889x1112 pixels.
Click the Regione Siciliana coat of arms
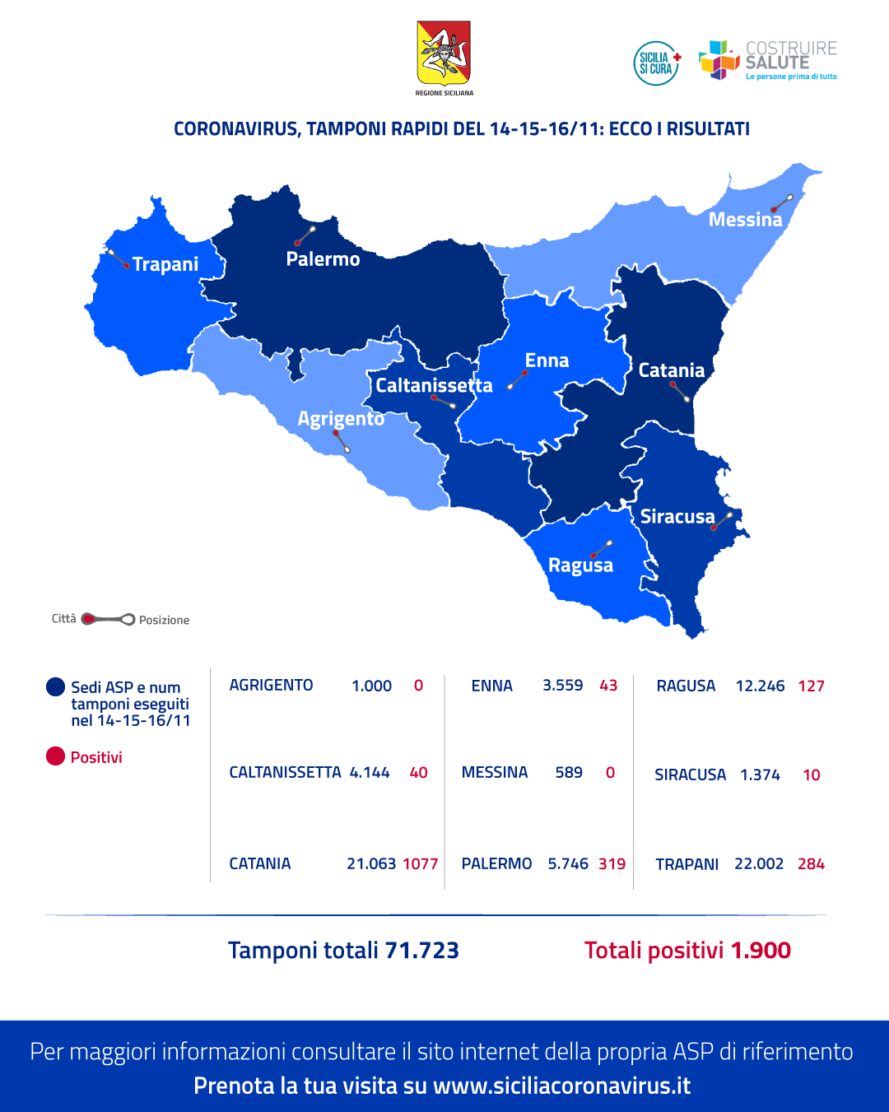(444, 54)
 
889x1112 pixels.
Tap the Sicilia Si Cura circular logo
(656, 63)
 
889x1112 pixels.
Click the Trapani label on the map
(165, 264)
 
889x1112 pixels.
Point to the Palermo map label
(323, 259)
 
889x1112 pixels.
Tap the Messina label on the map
(745, 220)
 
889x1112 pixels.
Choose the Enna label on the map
(547, 361)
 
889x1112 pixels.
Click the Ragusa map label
(580, 565)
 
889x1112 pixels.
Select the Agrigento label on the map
(341, 419)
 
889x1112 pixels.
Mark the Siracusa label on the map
(677, 517)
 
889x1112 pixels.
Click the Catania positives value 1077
(420, 863)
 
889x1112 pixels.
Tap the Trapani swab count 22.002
(758, 863)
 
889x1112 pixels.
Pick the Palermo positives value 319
(612, 863)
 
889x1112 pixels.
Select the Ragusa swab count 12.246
(760, 686)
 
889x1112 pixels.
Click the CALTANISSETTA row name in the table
(285, 772)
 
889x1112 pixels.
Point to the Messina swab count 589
(568, 772)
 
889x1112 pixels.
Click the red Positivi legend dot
(55, 756)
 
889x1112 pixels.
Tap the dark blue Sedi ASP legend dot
(55, 686)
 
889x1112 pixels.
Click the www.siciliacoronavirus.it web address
(561, 1086)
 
